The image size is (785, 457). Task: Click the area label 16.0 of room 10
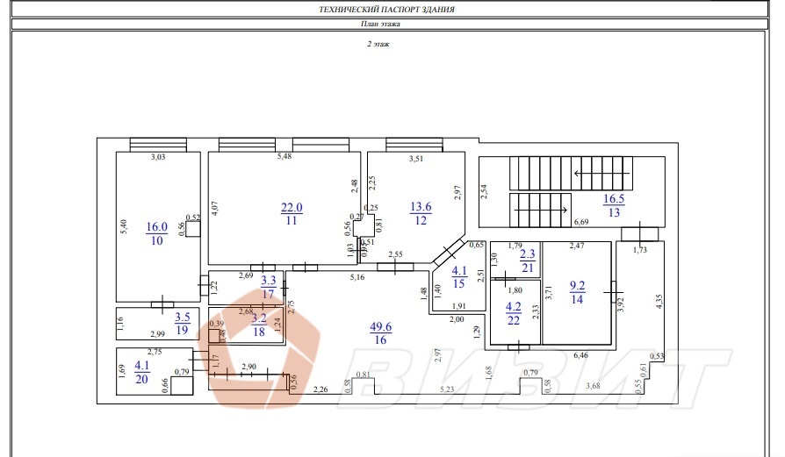point(158,225)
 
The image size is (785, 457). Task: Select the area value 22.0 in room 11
point(292,207)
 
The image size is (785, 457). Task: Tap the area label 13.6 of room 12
point(421,207)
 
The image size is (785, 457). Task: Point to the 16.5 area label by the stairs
point(614,199)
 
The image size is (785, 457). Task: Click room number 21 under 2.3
point(515,267)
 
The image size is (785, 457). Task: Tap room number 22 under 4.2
point(515,320)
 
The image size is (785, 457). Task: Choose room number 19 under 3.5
point(183,330)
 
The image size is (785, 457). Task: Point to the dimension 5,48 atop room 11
point(284,156)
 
